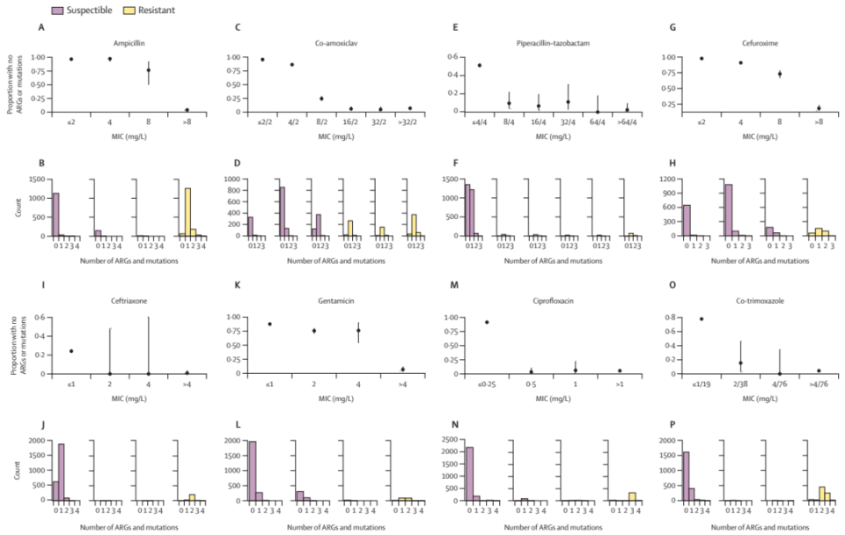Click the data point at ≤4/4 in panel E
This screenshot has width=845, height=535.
click(x=479, y=65)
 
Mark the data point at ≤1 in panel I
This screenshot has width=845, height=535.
click(x=70, y=351)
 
